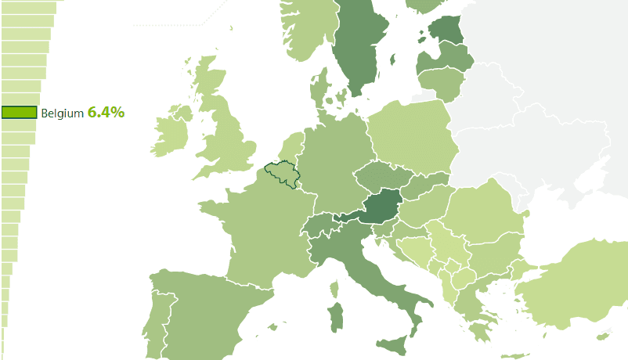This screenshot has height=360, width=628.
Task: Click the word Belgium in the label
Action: [x=62, y=113]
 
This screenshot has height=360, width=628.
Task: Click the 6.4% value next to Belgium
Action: [x=106, y=113]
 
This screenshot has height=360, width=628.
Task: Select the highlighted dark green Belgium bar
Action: [x=19, y=113]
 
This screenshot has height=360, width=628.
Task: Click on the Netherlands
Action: [x=291, y=149]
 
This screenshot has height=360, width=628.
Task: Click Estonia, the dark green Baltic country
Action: [x=446, y=30]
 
